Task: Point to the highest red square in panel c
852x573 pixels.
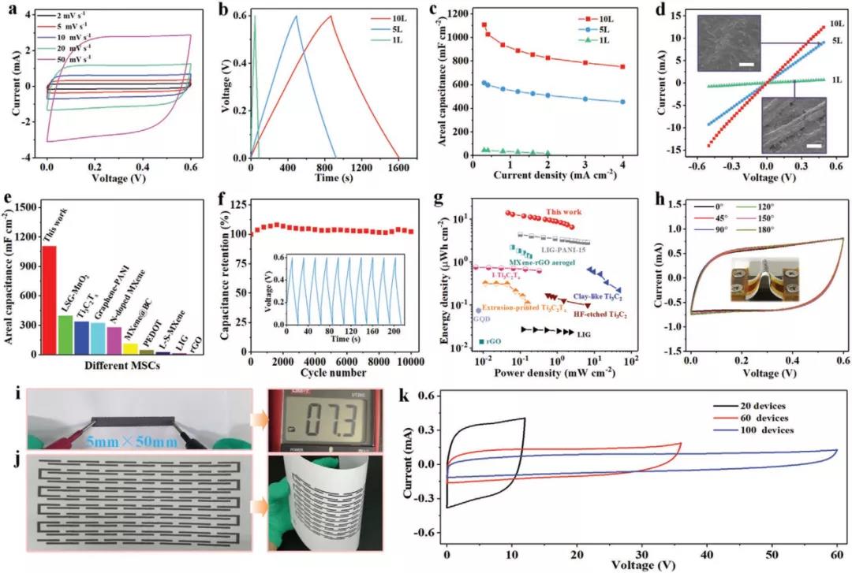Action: coord(484,24)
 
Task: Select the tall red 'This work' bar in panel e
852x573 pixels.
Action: coord(49,300)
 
